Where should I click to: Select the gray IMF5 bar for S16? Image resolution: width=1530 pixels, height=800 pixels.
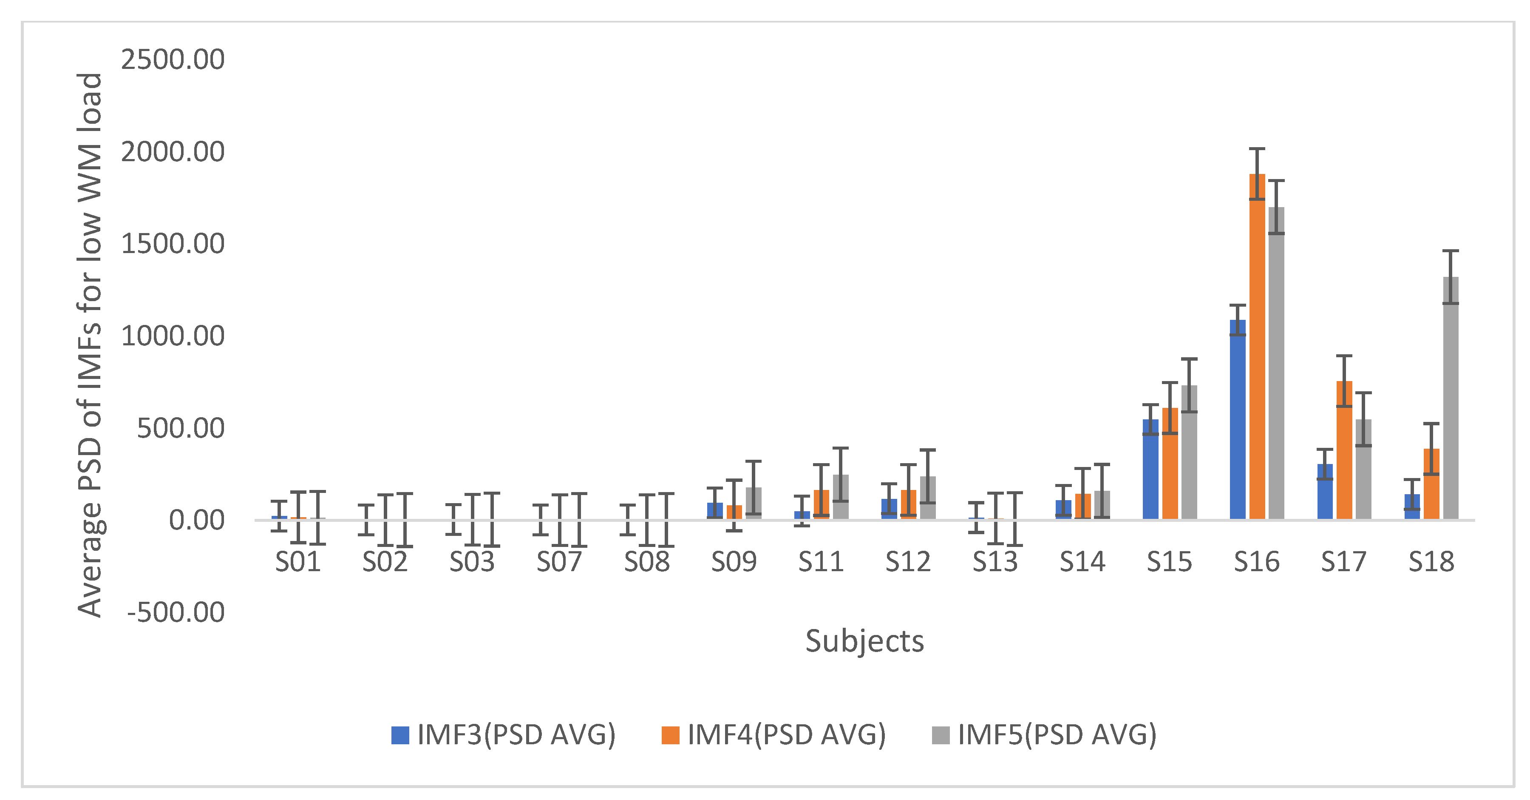click(1276, 368)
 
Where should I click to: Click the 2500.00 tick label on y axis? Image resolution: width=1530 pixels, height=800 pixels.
click(172, 60)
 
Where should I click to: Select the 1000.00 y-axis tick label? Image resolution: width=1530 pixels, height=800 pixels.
click(172, 336)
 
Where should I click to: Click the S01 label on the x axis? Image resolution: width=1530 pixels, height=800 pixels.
click(298, 562)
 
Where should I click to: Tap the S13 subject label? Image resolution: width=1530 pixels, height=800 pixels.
click(995, 562)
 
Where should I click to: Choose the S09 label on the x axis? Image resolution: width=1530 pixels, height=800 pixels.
click(734, 562)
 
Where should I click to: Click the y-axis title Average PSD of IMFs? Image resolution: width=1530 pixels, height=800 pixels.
click(90, 345)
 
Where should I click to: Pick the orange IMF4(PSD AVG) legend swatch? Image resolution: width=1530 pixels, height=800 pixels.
click(670, 735)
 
